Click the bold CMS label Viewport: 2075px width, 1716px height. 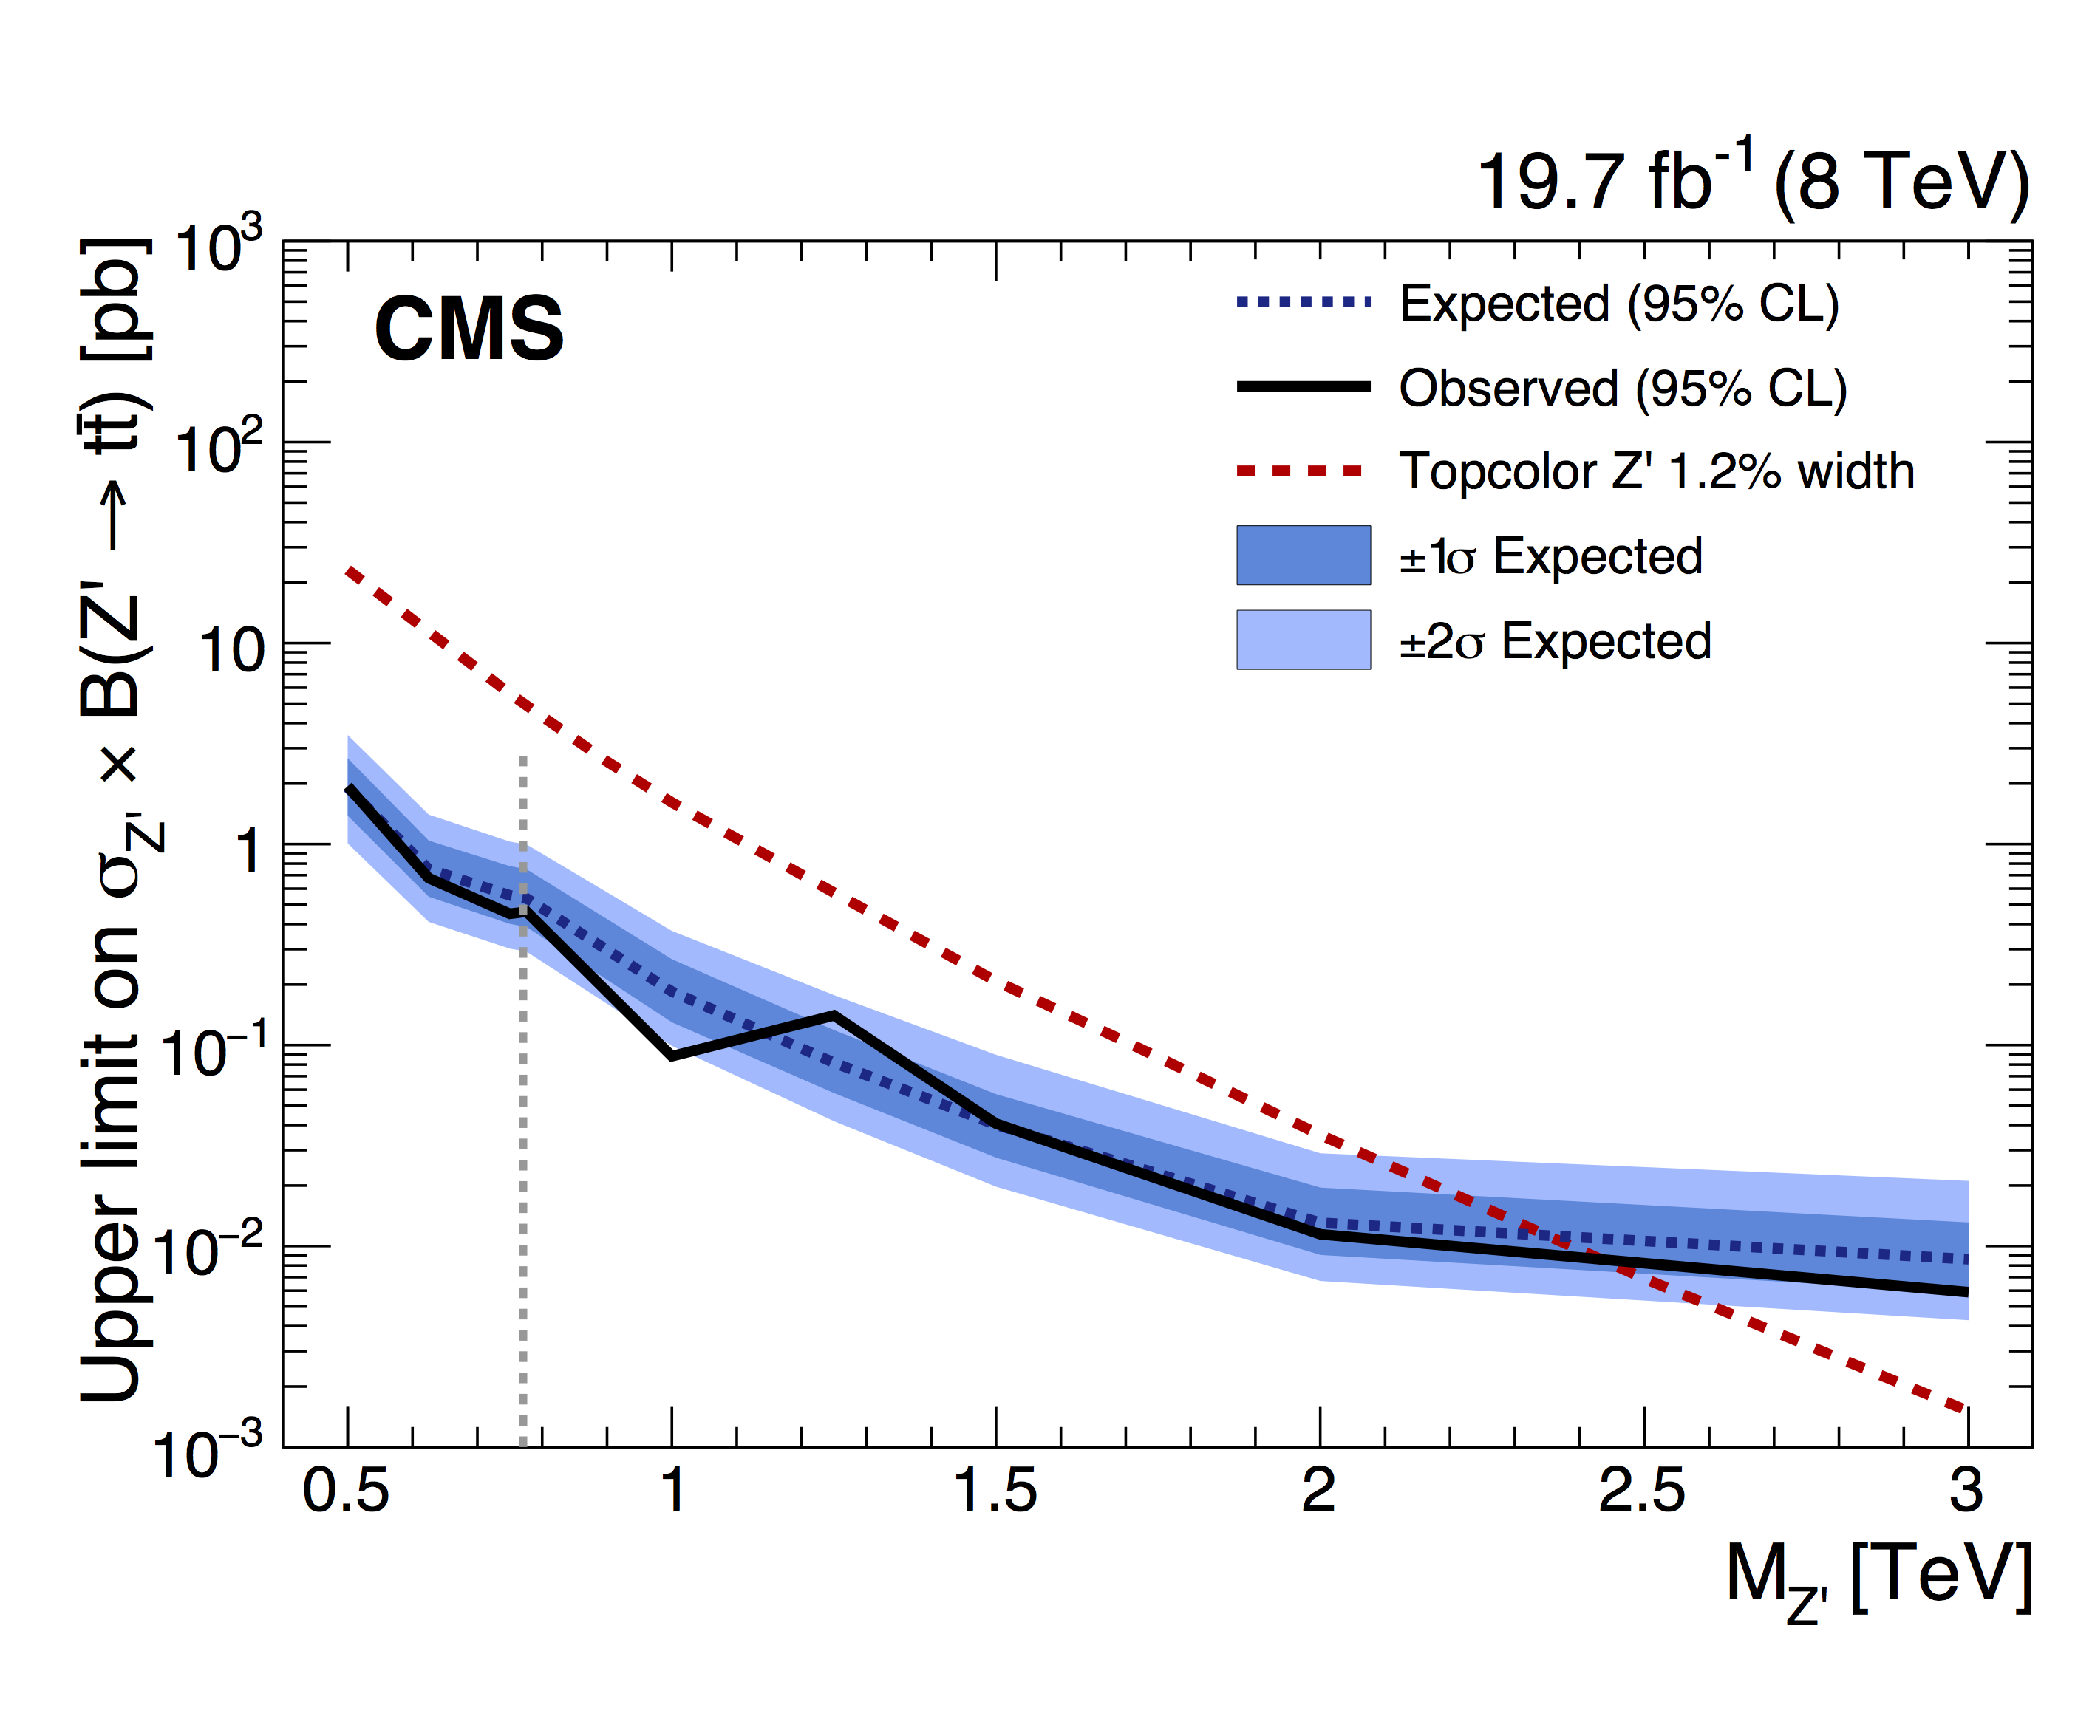point(469,329)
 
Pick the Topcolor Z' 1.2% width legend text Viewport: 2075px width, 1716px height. point(1657,471)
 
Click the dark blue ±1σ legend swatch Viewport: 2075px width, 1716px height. point(1304,556)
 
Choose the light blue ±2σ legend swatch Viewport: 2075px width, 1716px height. point(1304,640)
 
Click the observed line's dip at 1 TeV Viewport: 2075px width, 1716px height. point(672,1057)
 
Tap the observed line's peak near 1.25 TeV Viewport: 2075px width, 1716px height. point(835,1013)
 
